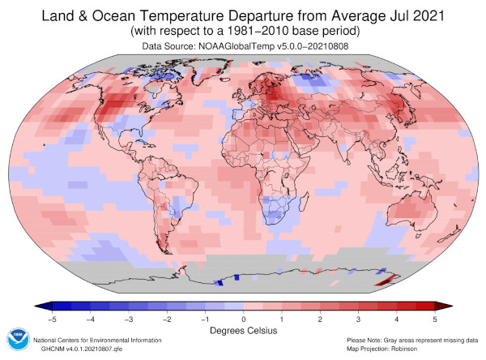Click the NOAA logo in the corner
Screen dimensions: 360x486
[16, 339]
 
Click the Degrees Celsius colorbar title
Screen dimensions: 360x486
[244, 331]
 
